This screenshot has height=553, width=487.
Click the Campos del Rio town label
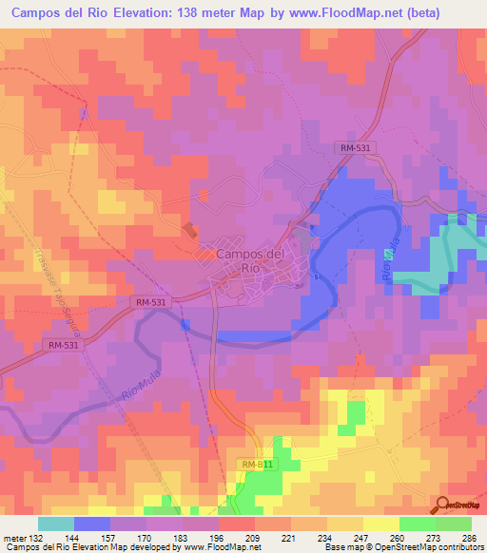point(250,260)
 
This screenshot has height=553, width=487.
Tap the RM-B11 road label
point(257,464)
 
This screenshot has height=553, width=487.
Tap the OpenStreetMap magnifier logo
point(443,504)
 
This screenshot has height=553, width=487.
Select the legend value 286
point(468,537)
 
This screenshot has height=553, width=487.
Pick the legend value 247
point(361,537)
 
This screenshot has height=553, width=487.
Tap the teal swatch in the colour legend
point(56,524)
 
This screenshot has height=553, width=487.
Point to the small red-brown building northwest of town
point(191,230)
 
